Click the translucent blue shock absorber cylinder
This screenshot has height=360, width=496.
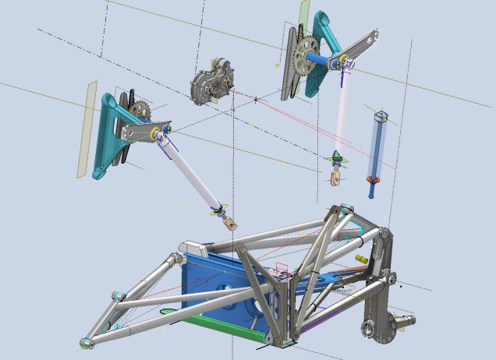point(377,148)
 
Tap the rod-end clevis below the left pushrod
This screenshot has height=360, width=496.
point(231,224)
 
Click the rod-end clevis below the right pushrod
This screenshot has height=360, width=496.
point(335,181)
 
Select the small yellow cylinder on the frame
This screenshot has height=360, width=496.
point(360,258)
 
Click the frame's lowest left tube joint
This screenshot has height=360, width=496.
point(87,342)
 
